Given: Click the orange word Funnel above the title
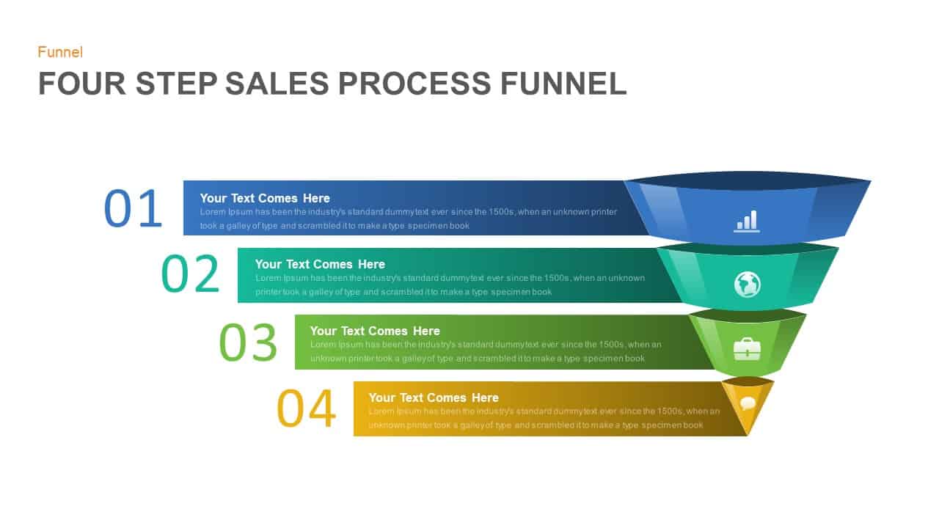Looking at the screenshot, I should click(60, 52).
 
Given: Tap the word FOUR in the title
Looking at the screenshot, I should click(81, 84).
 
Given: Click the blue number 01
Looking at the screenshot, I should click(133, 208).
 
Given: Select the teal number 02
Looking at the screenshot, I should click(190, 274).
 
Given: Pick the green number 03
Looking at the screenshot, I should click(248, 342).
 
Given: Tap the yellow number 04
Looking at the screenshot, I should click(306, 408).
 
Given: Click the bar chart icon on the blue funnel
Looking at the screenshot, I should click(747, 221).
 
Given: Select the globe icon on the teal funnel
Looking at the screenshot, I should click(747, 284).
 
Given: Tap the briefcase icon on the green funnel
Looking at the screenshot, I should click(747, 348).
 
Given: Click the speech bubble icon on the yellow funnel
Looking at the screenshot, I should click(748, 403).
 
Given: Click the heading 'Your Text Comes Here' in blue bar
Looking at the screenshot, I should click(265, 198).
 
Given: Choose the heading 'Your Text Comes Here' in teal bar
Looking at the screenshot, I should click(320, 264).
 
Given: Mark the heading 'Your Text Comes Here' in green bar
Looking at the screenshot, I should click(375, 331).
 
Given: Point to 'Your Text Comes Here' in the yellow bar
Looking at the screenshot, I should click(434, 397).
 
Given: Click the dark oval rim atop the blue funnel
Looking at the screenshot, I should click(747, 180).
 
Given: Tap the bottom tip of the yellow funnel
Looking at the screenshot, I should click(747, 433).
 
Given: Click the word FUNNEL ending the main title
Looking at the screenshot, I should click(563, 84).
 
